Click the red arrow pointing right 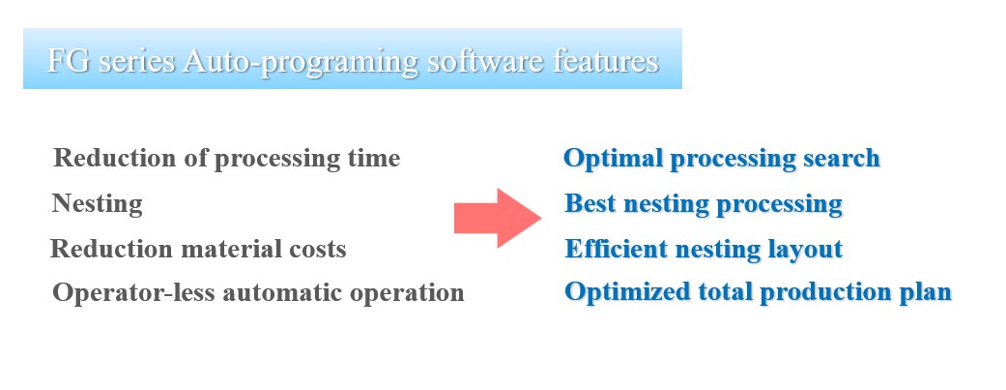(x=498, y=218)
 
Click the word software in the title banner (x=484, y=62)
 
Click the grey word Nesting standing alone (x=97, y=204)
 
